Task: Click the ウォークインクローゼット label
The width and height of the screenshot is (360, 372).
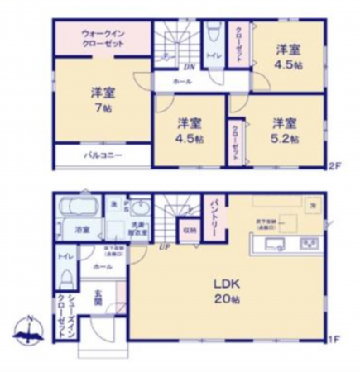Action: coord(103,37)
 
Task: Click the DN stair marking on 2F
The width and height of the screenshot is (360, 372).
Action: coord(189,68)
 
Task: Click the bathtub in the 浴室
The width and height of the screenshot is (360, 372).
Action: coord(77,203)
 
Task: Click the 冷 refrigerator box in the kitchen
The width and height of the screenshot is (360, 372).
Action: coord(314,204)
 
